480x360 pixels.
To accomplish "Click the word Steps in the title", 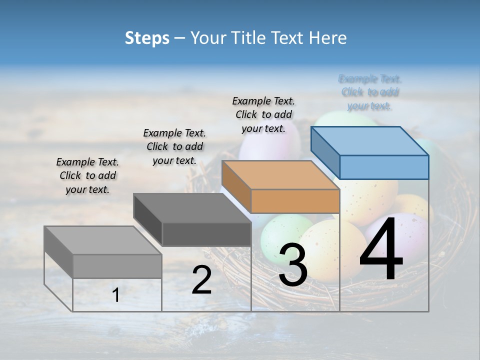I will pos(147,38).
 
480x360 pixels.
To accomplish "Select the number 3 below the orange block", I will pos(292,265).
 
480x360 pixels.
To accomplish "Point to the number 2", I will pos(201,280).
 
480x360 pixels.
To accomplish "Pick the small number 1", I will pos(116,295).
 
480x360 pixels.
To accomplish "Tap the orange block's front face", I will pos(295,201).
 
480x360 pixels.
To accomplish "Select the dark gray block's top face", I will pos(192,207).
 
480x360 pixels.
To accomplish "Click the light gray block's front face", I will pos(117,266).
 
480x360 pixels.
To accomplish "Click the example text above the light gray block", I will pos(87,175).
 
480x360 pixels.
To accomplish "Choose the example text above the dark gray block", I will pos(174,146).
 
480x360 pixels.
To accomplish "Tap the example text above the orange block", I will pos(263,114).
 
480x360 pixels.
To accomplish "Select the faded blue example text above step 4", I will pos(369,92).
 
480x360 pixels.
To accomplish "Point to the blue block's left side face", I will pos(325,152).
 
